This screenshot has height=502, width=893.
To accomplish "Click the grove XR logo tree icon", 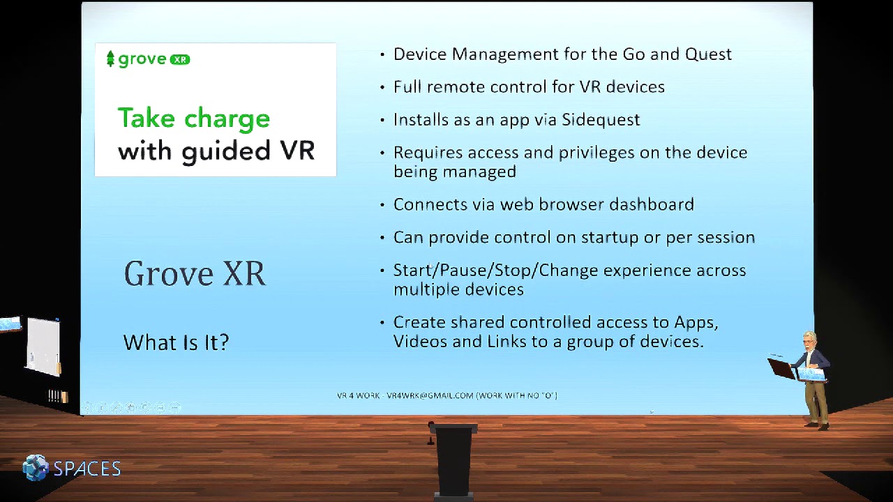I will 110,59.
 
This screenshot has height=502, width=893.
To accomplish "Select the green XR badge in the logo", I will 180,60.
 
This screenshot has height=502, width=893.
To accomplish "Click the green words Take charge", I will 193,119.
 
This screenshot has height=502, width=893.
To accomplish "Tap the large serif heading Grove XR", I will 195,273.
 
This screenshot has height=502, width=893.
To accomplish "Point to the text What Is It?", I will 176,342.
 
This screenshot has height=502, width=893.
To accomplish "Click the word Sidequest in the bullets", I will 601,120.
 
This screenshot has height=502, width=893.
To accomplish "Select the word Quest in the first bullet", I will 708,54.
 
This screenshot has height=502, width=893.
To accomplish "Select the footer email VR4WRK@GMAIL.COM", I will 430,396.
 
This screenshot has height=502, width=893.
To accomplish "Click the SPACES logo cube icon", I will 36,468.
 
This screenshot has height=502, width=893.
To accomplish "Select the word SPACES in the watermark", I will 87,469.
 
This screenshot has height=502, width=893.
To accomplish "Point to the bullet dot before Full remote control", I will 382,87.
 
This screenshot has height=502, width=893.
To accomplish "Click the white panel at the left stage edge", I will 43,347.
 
